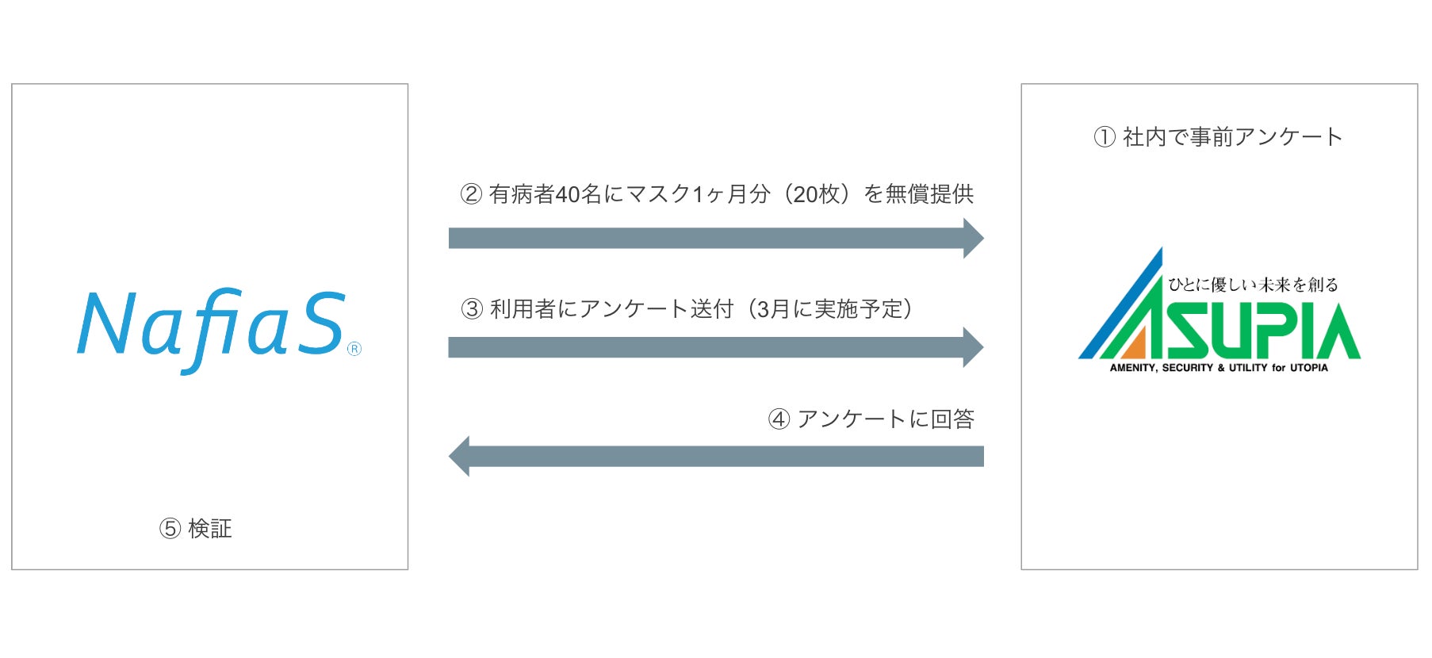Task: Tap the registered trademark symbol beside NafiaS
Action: point(354,349)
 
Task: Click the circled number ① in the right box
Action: point(1105,137)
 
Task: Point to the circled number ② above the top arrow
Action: point(471,194)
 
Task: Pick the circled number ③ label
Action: point(472,309)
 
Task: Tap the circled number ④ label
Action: point(779,419)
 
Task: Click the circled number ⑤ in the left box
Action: point(170,529)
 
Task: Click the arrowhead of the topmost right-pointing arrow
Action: point(973,238)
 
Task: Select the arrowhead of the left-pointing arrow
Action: point(460,456)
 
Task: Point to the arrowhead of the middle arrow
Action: point(973,347)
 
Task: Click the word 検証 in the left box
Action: point(210,529)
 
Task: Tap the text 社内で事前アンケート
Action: point(1232,137)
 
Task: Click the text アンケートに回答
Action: point(886,419)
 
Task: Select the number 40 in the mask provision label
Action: point(568,194)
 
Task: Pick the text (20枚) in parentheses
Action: point(816,194)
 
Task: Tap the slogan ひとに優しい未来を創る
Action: point(1253,285)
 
